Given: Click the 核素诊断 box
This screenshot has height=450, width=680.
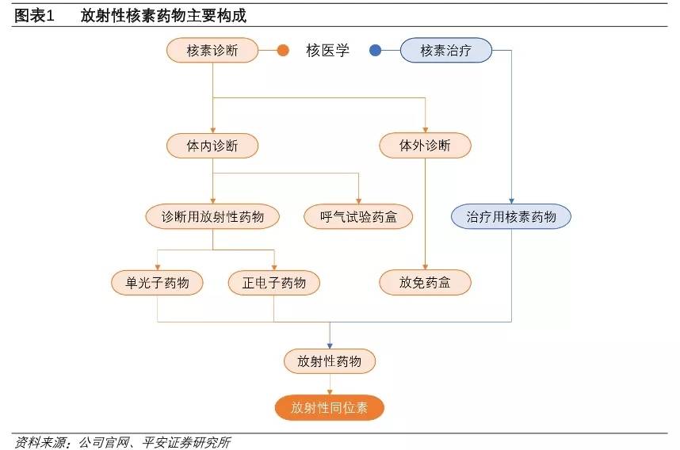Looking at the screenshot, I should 212,51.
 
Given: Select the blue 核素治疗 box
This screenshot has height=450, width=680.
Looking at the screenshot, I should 445,51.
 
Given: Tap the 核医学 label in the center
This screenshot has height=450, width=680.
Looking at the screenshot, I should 327,51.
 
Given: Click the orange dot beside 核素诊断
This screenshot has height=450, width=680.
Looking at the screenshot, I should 282,51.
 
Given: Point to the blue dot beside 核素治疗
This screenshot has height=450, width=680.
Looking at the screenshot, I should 375,51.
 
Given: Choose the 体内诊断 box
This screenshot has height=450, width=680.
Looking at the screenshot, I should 212,146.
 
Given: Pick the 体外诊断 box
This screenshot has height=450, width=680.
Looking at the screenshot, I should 425,146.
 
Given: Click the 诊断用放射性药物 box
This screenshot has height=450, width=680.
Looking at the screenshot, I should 212,216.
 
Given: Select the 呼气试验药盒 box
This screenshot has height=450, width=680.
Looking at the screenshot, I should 358,216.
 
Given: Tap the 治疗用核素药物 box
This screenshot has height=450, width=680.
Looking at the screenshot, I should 511,216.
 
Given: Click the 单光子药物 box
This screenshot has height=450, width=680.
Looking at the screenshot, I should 157,282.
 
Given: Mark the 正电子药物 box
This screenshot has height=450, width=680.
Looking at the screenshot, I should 274,282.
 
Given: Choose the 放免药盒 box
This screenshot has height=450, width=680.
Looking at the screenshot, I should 425,282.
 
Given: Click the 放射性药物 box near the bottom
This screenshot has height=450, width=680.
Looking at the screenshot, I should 330,361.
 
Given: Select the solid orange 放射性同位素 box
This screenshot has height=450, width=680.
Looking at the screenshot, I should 330,408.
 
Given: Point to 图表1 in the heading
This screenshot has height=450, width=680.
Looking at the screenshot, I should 34,16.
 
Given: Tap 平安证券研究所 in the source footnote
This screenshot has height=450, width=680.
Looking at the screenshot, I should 185,442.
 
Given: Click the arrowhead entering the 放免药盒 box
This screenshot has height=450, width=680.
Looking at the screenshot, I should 425,267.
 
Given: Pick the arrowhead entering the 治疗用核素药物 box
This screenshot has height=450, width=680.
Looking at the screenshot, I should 511,201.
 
